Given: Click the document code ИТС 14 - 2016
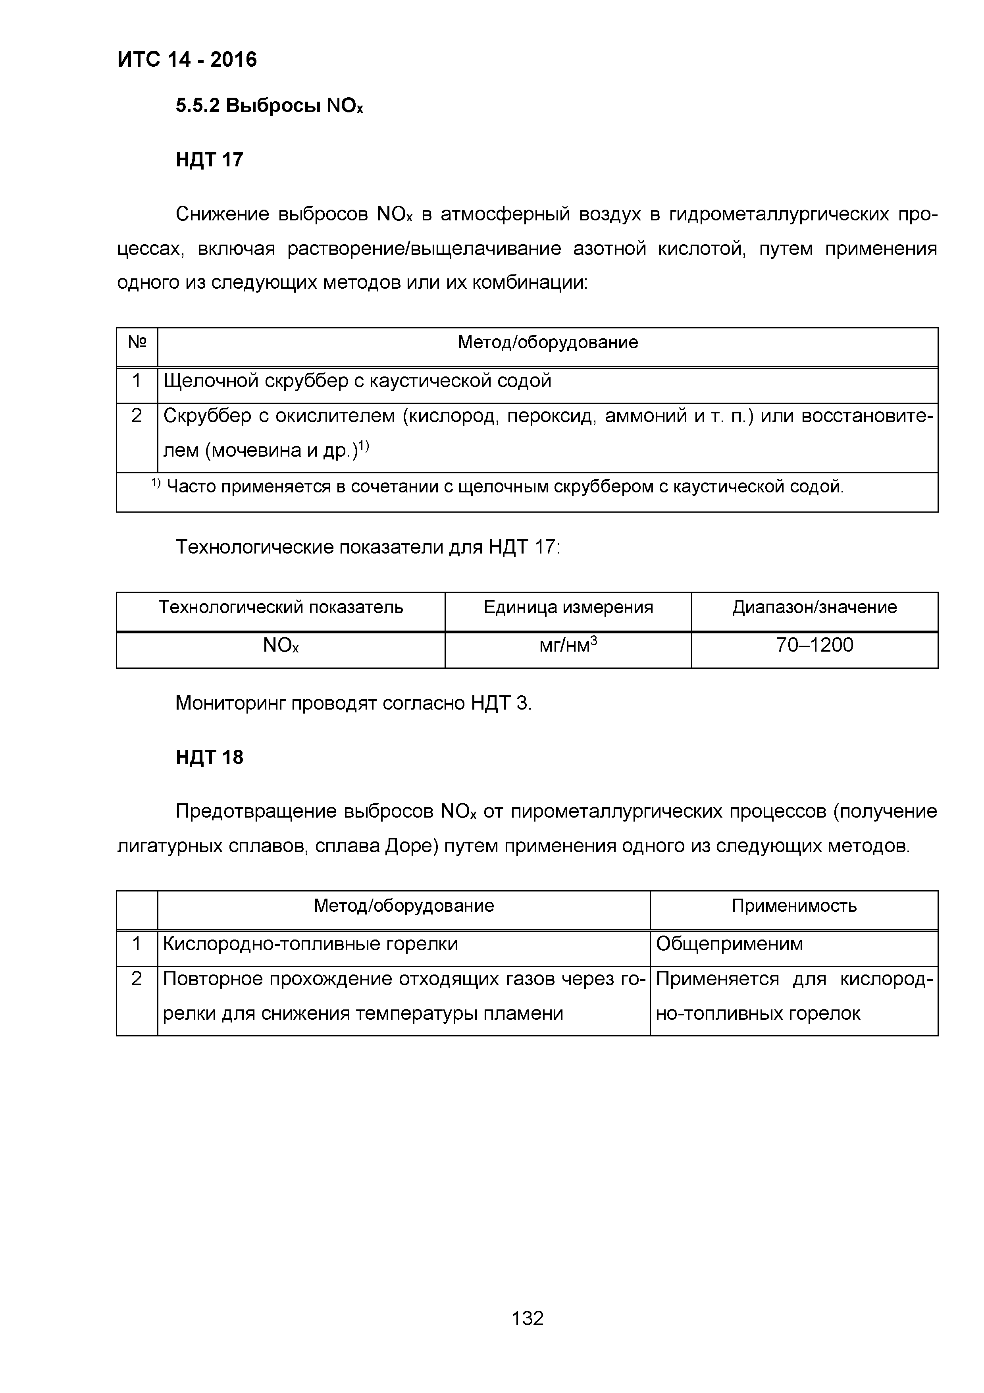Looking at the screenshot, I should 187,60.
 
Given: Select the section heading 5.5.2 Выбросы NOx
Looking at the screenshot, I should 269,106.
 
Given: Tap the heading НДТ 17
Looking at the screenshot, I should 209,160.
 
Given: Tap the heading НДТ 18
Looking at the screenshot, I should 209,757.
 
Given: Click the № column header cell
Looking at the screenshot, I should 137,343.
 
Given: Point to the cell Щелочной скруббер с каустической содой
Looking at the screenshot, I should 358,381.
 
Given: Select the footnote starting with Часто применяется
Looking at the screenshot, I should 503,486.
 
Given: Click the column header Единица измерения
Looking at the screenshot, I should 568,607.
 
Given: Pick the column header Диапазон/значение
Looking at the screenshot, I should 814,607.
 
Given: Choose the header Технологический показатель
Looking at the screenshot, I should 281,607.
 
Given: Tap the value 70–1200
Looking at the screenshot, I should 814,645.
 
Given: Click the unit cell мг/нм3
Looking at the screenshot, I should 568,645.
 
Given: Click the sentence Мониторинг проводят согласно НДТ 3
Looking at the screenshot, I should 353,703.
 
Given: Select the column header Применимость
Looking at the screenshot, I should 793,906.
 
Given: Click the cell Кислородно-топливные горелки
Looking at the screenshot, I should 310,944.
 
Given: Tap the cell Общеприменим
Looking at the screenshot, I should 729,944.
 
